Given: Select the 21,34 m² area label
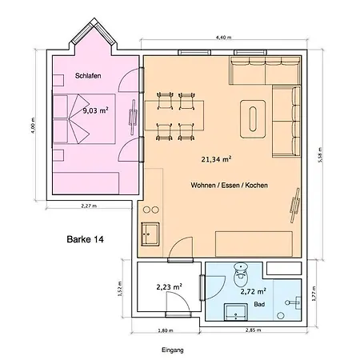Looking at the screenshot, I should coord(216,159).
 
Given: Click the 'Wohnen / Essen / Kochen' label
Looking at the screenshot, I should coord(229,186).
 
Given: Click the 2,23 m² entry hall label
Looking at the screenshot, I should coord(168,286).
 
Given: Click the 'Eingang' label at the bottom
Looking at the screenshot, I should coord(172,350).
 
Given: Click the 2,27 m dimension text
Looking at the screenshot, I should coord(90,206).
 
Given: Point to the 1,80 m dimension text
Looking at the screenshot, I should coord(163,330).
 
